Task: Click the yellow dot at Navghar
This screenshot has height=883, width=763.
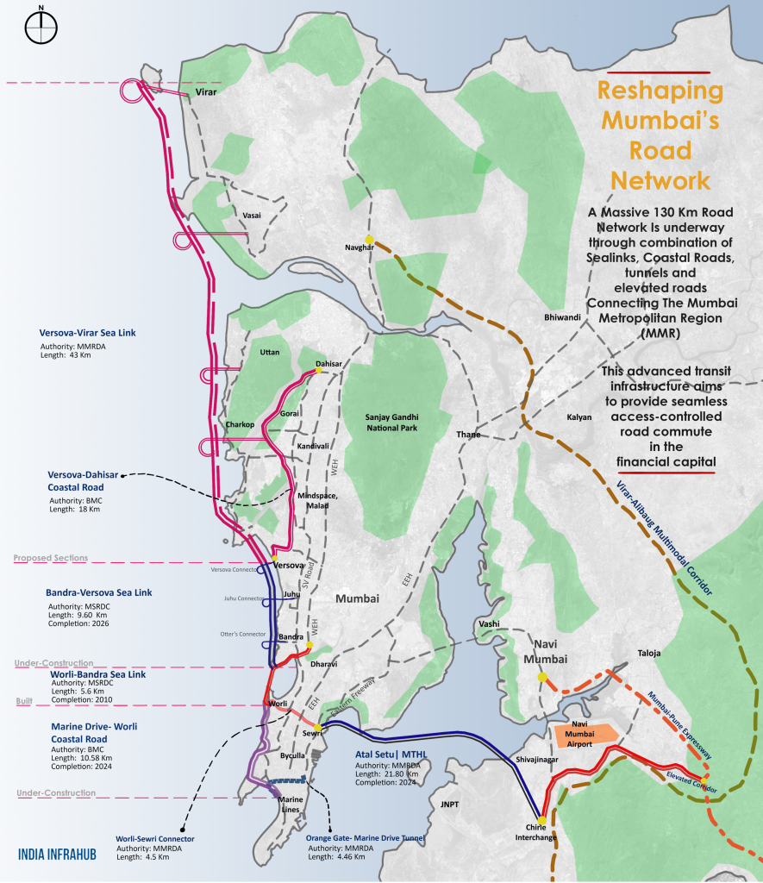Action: point(369,240)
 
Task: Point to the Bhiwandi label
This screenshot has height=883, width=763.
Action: point(563,317)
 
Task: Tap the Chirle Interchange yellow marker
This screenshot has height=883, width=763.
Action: point(541,819)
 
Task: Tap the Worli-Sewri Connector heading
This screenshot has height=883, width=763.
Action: point(156,837)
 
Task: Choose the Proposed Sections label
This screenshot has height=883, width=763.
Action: point(50,558)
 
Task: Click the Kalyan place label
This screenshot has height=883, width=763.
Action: point(579,416)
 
